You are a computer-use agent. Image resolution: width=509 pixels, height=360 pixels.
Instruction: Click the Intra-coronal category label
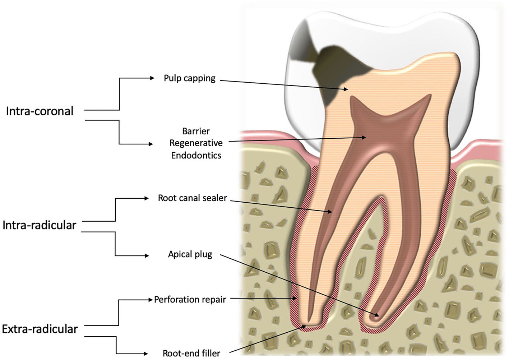click(x=40, y=111)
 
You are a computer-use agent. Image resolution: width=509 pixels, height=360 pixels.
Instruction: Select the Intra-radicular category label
click(x=39, y=225)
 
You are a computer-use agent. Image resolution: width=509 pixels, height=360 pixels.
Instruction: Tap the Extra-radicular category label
click(x=40, y=329)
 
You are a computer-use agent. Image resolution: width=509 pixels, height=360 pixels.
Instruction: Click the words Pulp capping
click(x=189, y=78)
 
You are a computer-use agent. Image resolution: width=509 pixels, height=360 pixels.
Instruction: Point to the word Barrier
click(x=196, y=131)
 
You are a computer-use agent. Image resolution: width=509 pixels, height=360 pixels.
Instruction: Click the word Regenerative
click(x=196, y=143)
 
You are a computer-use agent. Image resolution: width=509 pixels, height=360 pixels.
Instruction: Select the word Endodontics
click(x=196, y=155)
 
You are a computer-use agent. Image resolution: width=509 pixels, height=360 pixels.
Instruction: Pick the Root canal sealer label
click(x=192, y=198)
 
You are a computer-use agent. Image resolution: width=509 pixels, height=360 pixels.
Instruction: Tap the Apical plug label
click(x=190, y=254)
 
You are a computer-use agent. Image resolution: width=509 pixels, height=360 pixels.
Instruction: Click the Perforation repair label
click(x=190, y=299)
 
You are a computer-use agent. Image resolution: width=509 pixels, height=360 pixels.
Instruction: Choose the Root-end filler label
click(x=191, y=353)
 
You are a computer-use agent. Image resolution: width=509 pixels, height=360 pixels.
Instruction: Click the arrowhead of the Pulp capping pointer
click(x=346, y=89)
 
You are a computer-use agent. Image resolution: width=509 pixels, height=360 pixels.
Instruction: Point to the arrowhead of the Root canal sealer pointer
click(x=330, y=212)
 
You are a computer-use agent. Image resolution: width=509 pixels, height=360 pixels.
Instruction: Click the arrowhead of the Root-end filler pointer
click(x=304, y=326)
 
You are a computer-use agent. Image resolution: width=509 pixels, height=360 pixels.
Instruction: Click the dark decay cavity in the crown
click(x=325, y=68)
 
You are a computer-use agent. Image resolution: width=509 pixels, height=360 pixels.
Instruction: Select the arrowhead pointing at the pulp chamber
click(x=364, y=137)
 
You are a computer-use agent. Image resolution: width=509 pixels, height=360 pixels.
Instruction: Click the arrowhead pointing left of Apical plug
click(x=147, y=256)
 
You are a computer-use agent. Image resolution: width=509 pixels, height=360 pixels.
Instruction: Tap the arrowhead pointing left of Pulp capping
click(x=152, y=78)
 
